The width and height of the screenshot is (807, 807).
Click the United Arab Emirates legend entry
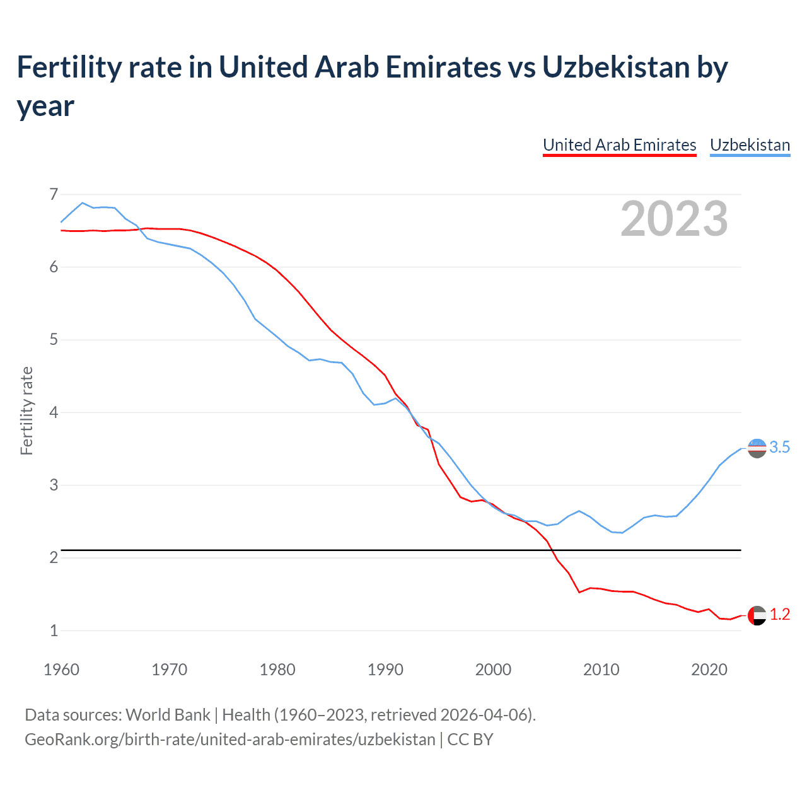coord(619,145)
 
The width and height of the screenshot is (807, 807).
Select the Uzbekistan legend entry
coord(750,145)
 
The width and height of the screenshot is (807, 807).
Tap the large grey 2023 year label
coord(674,219)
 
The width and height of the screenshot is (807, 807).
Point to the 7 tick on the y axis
coord(54,194)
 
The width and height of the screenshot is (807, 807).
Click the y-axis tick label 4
coord(54,412)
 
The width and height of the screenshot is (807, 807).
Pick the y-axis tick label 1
coord(54,630)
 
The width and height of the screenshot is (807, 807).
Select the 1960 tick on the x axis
coord(61,670)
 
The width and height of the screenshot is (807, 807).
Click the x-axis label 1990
coord(385,670)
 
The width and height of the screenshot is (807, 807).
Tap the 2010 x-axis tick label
coord(601,670)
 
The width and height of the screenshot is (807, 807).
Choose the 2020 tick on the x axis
coord(709,670)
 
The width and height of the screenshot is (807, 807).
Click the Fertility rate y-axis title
coord(26,410)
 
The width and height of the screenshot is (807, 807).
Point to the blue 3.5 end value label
coord(780,448)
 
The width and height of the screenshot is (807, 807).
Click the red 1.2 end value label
coord(780,615)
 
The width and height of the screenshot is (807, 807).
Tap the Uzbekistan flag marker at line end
coord(757,448)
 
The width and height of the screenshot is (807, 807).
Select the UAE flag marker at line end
coord(757,615)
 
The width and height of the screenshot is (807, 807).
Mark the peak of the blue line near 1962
coord(83,203)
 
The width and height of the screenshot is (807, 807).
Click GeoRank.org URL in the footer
coord(229,739)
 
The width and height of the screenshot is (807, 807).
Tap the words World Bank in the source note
coord(168,715)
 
